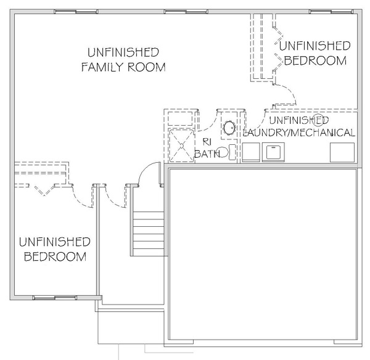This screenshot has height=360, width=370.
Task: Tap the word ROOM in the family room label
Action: [147, 67]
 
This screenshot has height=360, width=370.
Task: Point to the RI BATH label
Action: [207, 148]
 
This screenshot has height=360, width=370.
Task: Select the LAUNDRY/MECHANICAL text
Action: [298, 133]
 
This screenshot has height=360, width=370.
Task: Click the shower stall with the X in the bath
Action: [181, 145]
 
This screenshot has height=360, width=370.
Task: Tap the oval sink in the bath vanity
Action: [229, 128]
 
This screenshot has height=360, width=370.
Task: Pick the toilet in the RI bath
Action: [226, 152]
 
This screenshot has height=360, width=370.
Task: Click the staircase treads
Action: [149, 234]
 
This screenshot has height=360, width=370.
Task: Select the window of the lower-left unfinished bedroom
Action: [55, 298]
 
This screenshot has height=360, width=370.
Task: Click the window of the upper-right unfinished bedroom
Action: [331, 12]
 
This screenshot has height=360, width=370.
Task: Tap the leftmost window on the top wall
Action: [76, 12]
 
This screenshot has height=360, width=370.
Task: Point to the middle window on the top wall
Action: [186, 12]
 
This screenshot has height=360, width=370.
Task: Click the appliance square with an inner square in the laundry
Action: [273, 152]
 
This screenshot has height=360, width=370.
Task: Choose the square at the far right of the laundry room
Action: [342, 152]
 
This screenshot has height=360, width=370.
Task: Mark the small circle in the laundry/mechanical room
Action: [317, 120]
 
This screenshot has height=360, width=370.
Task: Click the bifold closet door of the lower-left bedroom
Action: [44, 190]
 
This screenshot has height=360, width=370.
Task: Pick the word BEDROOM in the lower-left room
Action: [55, 256]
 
